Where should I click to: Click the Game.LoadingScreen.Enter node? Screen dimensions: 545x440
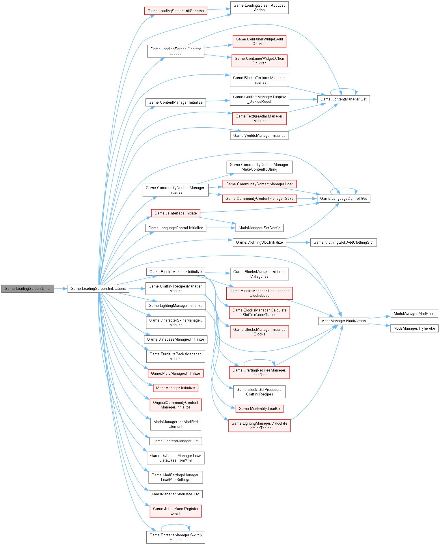click(28, 288)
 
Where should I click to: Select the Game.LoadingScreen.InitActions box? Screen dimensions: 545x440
click(98, 288)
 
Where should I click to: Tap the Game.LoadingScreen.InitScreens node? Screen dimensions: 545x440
click(176, 11)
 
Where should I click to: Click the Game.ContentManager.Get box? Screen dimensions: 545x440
click(343, 99)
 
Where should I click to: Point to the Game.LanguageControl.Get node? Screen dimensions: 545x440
click(343, 198)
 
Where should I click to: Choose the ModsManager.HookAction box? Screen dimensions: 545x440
click(343, 321)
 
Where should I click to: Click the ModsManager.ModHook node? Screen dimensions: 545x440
click(414, 313)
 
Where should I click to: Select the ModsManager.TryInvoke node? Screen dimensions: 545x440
click(414, 328)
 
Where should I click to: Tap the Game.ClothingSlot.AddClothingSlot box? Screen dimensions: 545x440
click(343, 242)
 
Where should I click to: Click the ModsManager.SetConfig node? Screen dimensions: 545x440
click(259, 228)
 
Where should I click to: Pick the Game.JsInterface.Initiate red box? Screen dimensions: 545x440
click(176, 213)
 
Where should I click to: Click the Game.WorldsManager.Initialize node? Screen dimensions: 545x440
click(259, 135)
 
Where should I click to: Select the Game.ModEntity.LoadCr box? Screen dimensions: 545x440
click(259, 408)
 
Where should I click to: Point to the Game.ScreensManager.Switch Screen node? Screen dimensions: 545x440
click(176, 537)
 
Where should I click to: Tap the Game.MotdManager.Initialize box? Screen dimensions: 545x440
click(176, 373)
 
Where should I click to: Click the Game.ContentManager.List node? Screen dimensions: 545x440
click(176, 441)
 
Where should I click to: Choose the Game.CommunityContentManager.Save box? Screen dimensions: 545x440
click(259, 198)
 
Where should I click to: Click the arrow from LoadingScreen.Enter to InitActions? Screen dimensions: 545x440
click(61, 288)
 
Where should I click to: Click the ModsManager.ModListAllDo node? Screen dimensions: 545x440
click(176, 494)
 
